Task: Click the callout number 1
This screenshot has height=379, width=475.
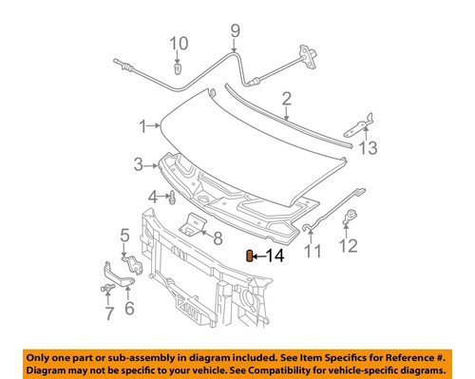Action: coord(142,126)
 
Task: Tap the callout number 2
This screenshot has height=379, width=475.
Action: coord(286,98)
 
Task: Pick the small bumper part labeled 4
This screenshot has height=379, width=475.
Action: coord(170,199)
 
